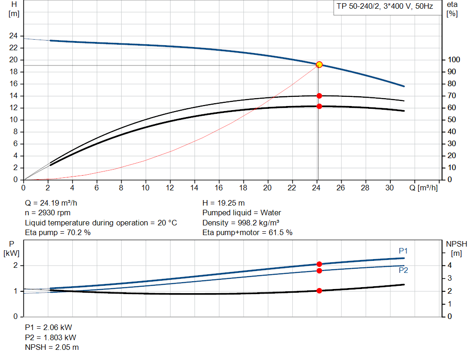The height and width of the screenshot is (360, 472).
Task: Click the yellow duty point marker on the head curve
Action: click(x=319, y=65)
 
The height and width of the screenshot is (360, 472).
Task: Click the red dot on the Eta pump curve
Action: click(x=319, y=96)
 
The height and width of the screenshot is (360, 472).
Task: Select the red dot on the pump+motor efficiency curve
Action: click(x=319, y=106)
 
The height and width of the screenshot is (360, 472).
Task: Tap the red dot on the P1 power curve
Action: click(x=319, y=264)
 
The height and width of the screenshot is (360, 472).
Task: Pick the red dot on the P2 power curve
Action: click(x=319, y=271)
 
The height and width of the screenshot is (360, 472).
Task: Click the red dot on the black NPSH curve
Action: click(x=319, y=291)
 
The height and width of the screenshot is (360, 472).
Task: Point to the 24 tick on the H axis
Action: click(x=13, y=36)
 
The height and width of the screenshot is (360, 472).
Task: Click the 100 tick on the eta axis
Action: click(x=454, y=60)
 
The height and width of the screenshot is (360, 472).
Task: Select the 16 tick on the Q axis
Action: click(x=219, y=188)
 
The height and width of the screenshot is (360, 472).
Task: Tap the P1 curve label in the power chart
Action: click(x=403, y=251)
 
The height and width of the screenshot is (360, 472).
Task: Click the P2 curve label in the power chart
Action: click(x=403, y=271)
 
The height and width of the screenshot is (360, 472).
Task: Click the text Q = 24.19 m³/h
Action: click(x=54, y=203)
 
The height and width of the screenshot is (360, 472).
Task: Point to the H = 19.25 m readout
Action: click(x=224, y=203)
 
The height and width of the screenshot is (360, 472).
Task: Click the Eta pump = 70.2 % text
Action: click(x=58, y=233)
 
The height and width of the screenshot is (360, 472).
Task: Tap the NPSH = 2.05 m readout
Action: click(x=52, y=347)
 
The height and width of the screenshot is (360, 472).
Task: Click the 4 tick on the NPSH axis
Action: click(x=451, y=266)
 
